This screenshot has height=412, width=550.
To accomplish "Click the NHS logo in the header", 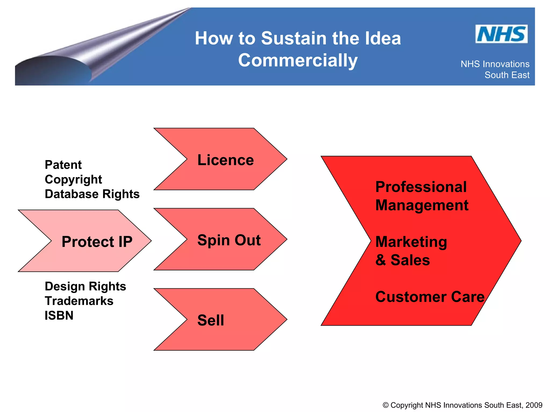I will pyautogui.click(x=501, y=34).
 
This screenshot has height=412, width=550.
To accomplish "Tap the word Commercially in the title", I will pyautogui.click(x=298, y=60).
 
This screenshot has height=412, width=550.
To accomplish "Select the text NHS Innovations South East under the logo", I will pyautogui.click(x=495, y=69).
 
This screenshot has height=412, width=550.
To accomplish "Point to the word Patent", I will pyautogui.click(x=63, y=165).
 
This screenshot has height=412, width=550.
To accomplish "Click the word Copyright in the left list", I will pyautogui.click(x=73, y=179).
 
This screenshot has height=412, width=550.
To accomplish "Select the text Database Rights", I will pyautogui.click(x=92, y=194).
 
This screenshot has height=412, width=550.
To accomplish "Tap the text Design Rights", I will pyautogui.click(x=85, y=286).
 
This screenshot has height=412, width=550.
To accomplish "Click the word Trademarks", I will pyautogui.click(x=79, y=301).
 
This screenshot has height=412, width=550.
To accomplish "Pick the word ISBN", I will pyautogui.click(x=59, y=315).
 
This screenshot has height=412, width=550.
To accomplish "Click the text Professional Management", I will pyautogui.click(x=422, y=196).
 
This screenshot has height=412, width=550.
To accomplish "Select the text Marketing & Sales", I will pyautogui.click(x=411, y=251).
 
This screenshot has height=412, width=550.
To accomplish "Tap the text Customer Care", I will pyautogui.click(x=430, y=297).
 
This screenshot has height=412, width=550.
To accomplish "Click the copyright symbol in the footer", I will pyautogui.click(x=385, y=405).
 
